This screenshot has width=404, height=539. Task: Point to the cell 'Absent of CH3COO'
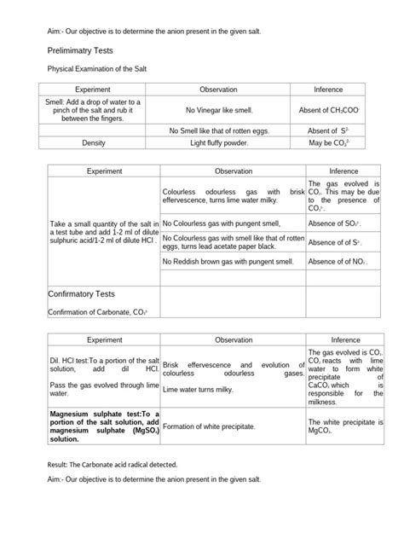point(327,110)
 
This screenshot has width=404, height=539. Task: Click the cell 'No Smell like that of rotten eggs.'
point(223,130)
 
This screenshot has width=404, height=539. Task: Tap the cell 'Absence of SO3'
point(334,223)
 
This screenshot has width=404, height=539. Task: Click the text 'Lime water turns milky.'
point(199,389)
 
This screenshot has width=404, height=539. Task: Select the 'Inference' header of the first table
point(327,89)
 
